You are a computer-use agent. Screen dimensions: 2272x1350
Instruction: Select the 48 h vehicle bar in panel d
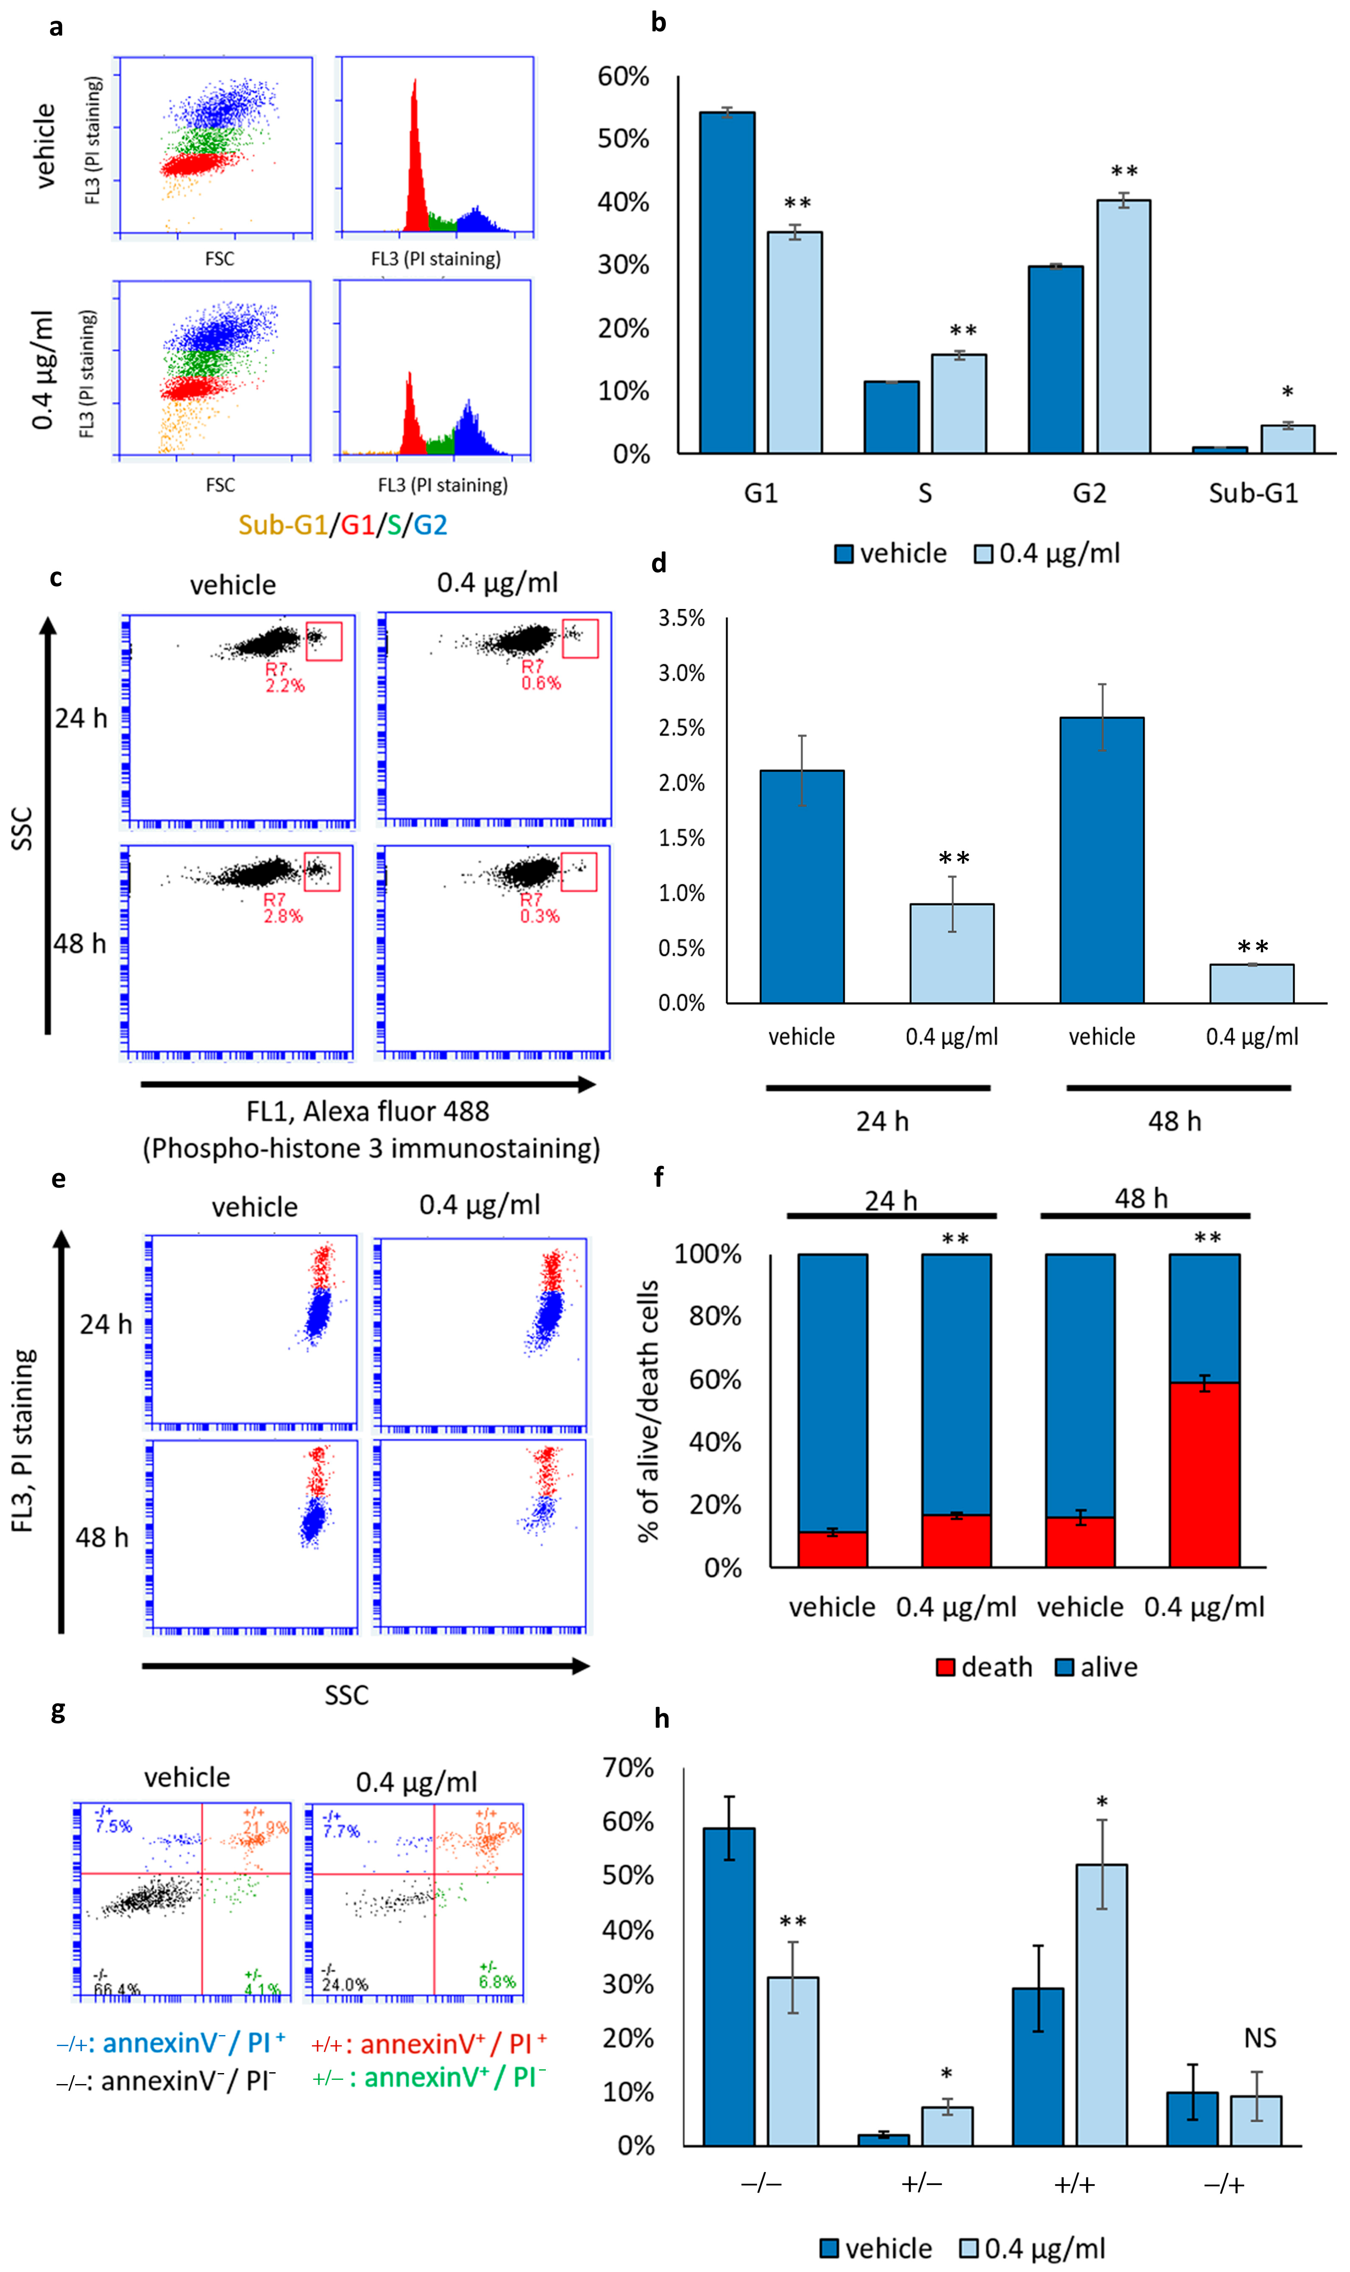1102,860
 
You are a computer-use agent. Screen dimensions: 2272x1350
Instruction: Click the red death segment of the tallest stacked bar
1204,1474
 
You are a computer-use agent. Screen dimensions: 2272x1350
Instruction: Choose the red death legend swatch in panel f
945,1667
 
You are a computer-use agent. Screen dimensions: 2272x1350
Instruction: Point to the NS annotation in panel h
1260,2038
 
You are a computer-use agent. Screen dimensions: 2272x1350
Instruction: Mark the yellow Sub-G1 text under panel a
282,525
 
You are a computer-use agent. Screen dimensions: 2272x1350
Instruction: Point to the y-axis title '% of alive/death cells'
648,1410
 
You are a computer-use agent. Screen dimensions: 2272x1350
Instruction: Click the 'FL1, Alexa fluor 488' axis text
368,1112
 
